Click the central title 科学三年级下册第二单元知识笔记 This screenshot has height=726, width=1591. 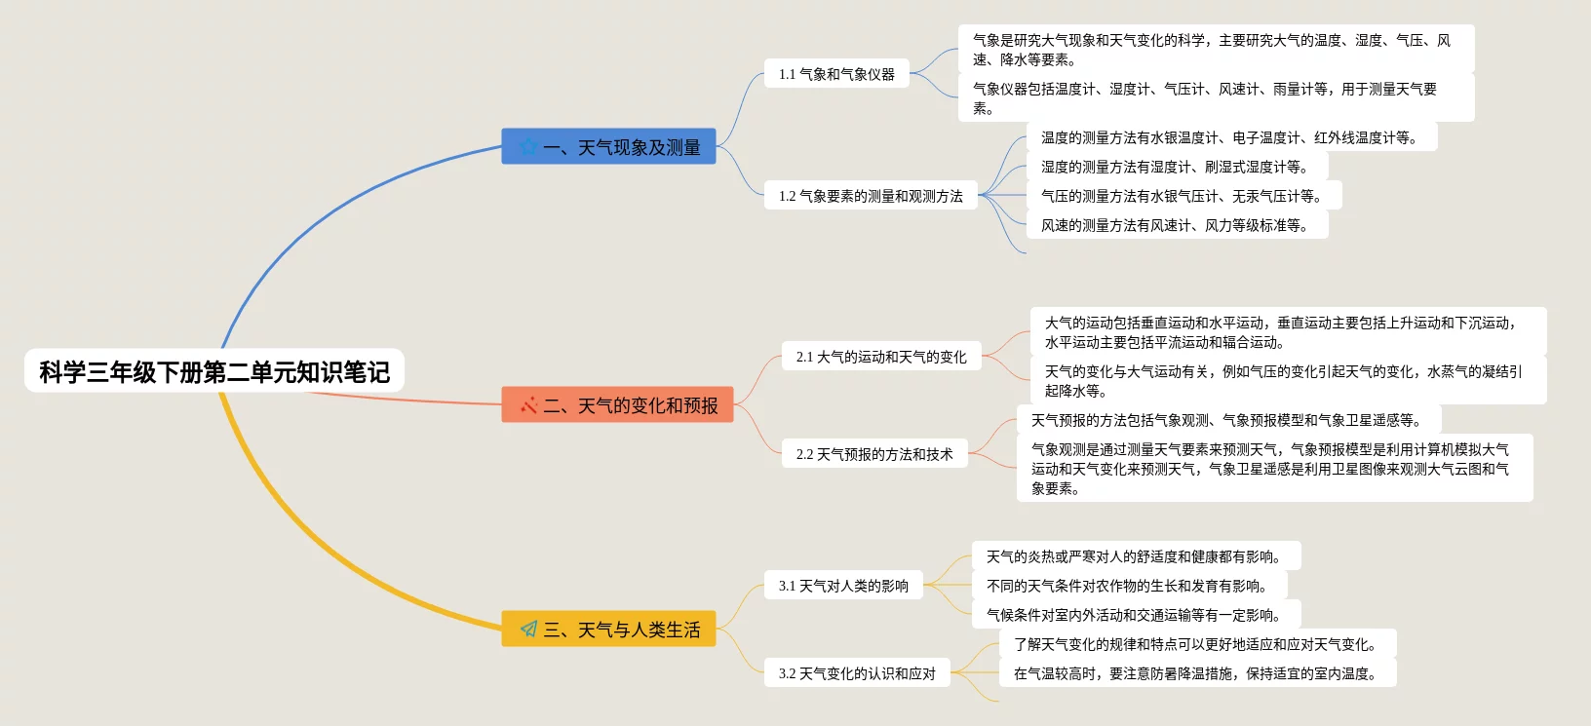214,371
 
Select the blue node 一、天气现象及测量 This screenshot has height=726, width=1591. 608,147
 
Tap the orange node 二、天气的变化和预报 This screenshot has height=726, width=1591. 617,405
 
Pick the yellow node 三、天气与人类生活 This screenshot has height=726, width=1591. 608,630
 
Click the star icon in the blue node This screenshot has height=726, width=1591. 528,147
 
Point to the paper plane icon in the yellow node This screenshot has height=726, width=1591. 528,630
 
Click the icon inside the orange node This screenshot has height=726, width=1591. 528,405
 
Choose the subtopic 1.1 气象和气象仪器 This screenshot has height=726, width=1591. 836,74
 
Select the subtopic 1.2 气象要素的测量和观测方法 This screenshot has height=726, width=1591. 871,196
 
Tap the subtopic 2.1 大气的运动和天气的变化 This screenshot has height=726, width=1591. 881,357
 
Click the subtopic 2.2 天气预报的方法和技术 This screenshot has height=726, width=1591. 874,454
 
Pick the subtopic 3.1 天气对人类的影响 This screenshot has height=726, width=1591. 843,586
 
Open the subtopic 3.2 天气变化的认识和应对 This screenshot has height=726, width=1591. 857,673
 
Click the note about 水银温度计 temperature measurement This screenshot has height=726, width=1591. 1230,137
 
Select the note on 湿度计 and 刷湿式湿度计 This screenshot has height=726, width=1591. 1175,167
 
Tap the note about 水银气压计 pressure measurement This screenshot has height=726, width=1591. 1183,196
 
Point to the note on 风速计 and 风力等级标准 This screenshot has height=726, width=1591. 1176,225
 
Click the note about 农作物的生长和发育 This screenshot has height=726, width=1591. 1128,586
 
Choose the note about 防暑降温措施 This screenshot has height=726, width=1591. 1196,673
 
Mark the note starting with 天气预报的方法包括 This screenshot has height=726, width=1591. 1227,420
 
